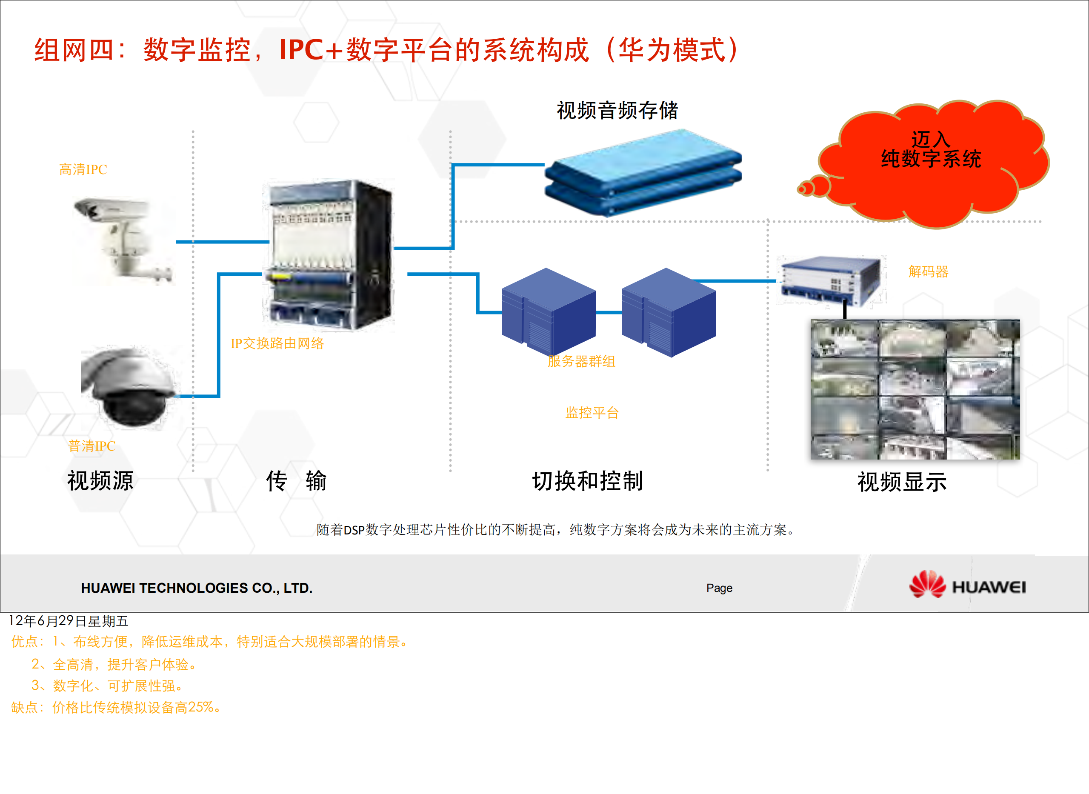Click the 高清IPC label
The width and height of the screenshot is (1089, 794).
pos(83,170)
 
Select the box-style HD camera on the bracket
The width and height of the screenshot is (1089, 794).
pos(123,239)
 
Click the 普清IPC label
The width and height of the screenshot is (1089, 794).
pos(92,446)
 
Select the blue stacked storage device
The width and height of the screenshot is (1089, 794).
pos(643,173)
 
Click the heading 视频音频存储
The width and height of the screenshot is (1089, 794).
pos(617,111)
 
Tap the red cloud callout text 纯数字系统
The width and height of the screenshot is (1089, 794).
pos(930,159)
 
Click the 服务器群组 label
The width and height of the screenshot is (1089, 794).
pos(581,361)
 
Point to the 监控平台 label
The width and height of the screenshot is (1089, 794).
pos(592,412)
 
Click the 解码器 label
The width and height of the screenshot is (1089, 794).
pos(928,272)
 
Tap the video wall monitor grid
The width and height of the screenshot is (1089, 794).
pos(915,389)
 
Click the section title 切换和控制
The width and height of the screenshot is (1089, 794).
pos(587,481)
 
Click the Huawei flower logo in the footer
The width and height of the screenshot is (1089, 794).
pos(926,585)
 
